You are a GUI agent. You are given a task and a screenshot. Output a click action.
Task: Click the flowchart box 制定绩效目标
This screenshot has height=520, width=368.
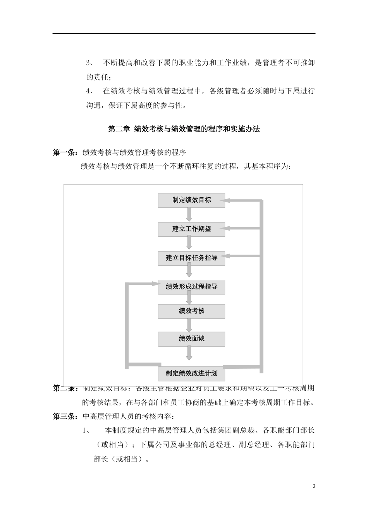pos(191,200)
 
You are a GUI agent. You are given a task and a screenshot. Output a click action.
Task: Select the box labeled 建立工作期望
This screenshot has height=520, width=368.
pos(191,229)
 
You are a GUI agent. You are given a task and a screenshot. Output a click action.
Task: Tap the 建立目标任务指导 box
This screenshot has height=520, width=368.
pos(191,258)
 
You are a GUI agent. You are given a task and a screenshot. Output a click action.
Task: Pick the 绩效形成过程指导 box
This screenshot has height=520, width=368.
pos(191,287)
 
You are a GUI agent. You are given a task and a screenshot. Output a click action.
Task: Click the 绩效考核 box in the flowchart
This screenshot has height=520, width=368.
pos(191,311)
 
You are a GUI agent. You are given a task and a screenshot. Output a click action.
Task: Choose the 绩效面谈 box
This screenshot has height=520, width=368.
pos(191,339)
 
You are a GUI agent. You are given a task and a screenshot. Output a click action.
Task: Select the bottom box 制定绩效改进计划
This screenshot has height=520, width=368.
pos(191,373)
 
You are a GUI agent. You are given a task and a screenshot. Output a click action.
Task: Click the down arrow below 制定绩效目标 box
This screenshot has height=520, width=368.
pos(189,214)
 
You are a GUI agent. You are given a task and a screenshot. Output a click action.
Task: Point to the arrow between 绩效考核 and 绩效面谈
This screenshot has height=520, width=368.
pos(189,325)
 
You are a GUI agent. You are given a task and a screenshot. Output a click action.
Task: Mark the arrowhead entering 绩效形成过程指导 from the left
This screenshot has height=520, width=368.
pos(156,284)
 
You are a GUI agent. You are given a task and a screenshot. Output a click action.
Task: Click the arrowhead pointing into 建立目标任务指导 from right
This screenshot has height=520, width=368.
pos(228,256)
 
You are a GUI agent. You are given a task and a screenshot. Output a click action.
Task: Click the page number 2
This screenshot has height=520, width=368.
pos(314,486)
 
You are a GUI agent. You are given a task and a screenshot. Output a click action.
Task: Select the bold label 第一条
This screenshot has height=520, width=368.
pos(64,152)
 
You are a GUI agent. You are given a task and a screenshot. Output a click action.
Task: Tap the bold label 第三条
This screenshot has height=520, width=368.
pos(64,417)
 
